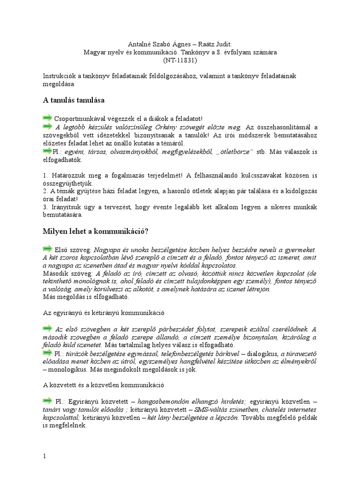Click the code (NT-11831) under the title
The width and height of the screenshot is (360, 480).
(x=180, y=60)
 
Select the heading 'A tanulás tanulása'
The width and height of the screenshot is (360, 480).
(x=74, y=100)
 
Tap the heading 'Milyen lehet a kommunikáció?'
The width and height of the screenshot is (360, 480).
(x=96, y=231)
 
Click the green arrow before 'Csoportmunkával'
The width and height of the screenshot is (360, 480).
(x=47, y=118)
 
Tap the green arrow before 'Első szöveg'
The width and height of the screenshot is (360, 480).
(x=47, y=248)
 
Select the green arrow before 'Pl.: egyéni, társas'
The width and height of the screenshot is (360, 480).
(x=47, y=151)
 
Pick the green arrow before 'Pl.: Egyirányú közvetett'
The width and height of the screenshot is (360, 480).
(x=47, y=401)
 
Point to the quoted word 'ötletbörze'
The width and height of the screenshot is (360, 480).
(x=236, y=152)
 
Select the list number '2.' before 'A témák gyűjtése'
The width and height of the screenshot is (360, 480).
(x=45, y=191)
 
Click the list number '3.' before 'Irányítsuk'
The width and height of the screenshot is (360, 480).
(x=45, y=207)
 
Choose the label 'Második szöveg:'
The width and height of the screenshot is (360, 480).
(x=67, y=273)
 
